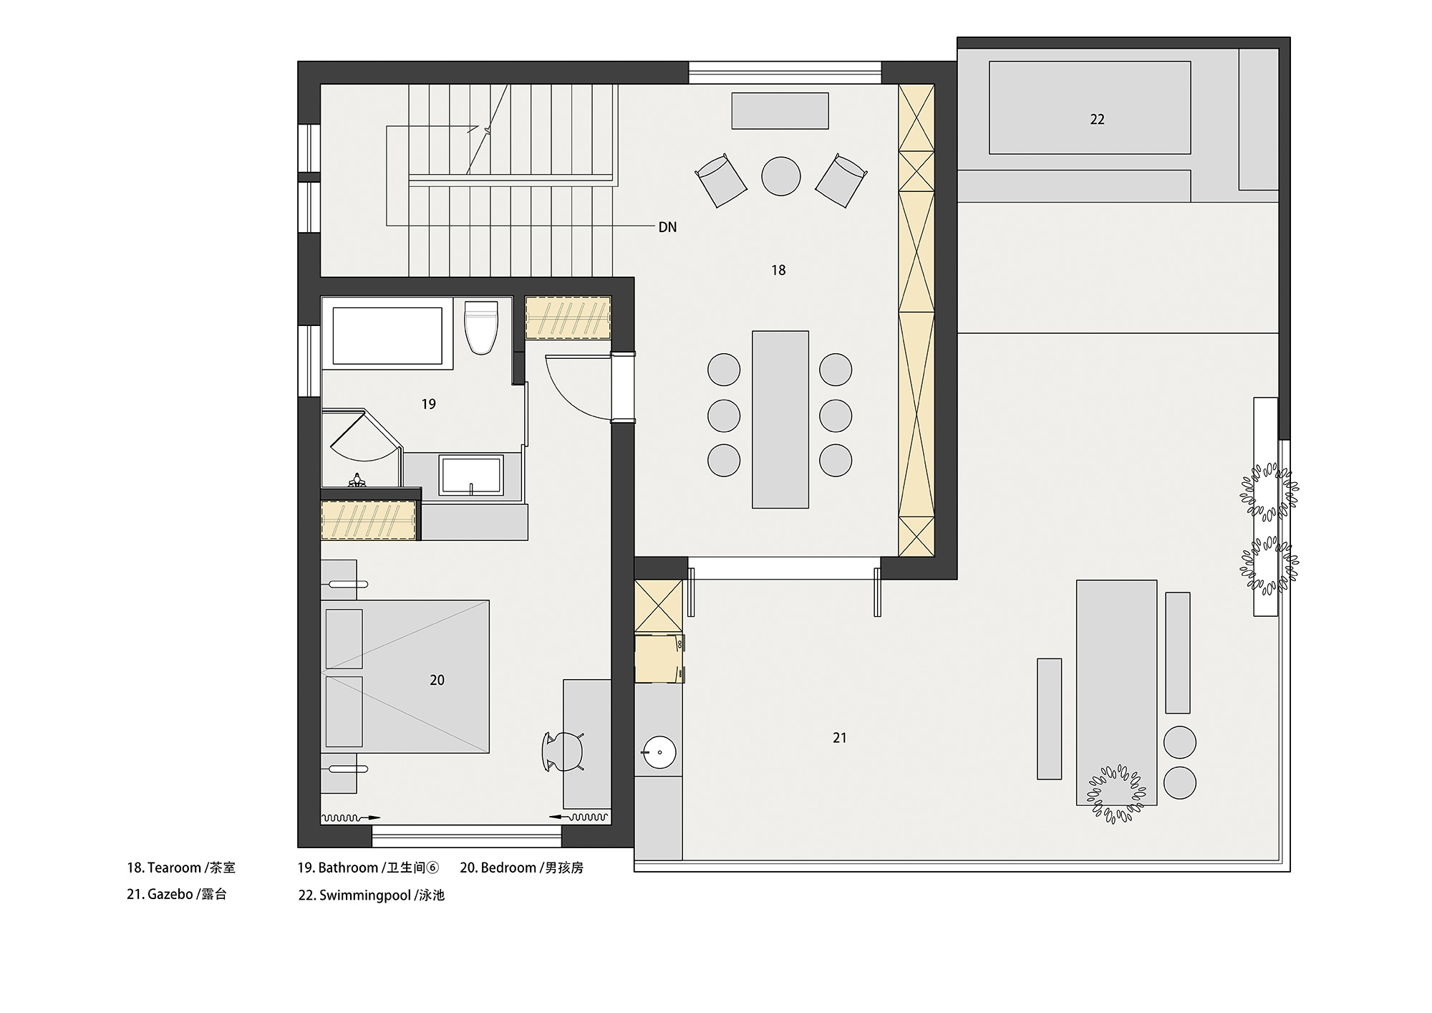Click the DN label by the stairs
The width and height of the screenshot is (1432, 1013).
point(667,227)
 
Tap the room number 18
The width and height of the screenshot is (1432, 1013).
point(778,270)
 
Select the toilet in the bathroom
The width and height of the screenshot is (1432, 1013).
point(480,327)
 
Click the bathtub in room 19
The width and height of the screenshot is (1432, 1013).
point(387,336)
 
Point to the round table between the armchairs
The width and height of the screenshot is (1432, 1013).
point(780,176)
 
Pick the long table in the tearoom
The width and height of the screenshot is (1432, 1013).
point(780,419)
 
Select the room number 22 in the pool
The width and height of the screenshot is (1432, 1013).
point(1097,120)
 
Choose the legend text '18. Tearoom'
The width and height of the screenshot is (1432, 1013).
point(164,868)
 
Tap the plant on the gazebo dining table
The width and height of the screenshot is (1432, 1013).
point(1116,794)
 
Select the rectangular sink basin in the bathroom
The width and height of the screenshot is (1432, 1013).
point(471,476)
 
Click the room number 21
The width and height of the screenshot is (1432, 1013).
point(840,737)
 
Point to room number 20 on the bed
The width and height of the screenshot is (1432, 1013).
point(437,680)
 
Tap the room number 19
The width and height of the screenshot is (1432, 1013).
point(428,404)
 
